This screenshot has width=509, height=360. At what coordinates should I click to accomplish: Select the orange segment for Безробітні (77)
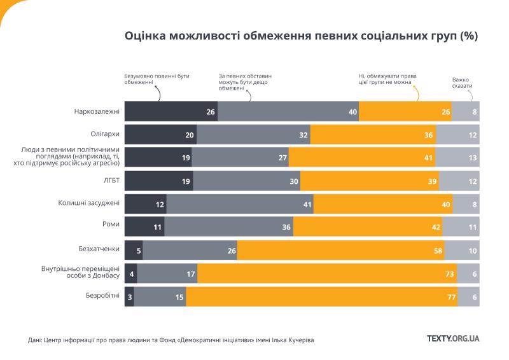pos(321,296)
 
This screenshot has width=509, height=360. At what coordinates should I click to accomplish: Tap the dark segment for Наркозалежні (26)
pos(171,112)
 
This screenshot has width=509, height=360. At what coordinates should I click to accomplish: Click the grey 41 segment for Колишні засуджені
pos(240,204)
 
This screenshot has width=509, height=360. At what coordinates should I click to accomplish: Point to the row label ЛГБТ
pos(111,181)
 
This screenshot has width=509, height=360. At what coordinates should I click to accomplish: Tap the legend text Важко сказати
pos(463,82)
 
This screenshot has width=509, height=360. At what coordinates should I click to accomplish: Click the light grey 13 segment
pos(457,158)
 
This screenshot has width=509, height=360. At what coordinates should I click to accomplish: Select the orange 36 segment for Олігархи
pos(373,135)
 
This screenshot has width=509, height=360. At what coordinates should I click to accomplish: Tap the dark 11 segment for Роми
pos(144,227)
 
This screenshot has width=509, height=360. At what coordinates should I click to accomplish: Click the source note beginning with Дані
pos(171,340)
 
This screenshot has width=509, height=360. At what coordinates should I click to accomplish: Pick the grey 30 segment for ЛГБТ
pos(247,181)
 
